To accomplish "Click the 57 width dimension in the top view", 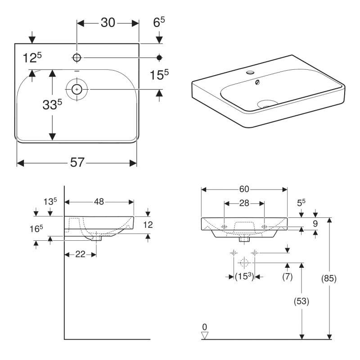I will point(77,162).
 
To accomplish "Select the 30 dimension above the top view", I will point(108,23).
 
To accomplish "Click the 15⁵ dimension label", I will point(159,75).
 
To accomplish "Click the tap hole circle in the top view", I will point(76,58).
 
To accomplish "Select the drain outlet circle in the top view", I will point(77,89).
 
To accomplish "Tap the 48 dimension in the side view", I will point(99,202).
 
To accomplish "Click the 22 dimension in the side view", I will point(80,254).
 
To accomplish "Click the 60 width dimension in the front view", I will point(244,189).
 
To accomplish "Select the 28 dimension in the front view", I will point(244,204).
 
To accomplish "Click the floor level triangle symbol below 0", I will point(205,336).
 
